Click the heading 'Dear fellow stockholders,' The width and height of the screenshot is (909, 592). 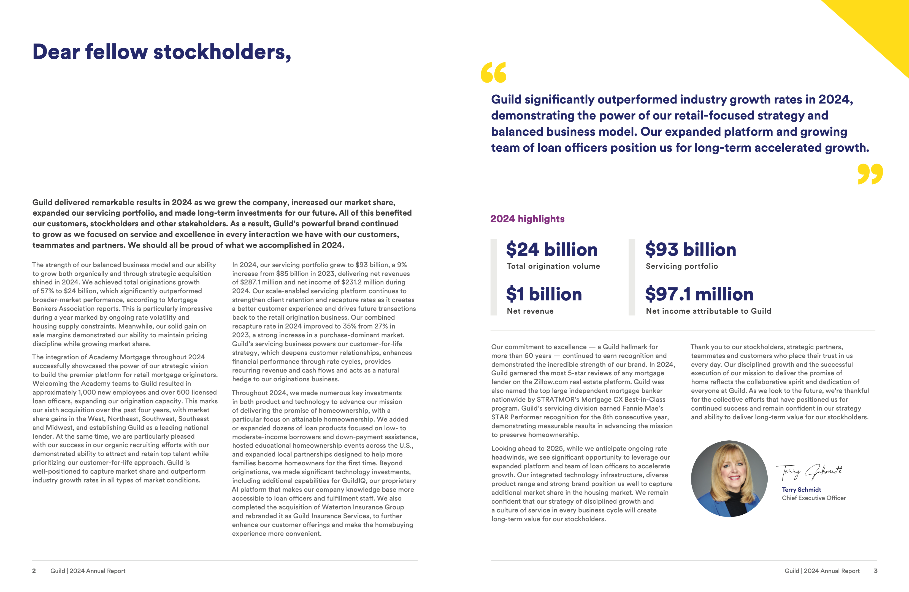pyautogui.click(x=162, y=52)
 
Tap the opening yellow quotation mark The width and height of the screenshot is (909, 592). pyautogui.click(x=493, y=72)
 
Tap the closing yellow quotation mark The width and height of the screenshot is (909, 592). pyautogui.click(x=870, y=174)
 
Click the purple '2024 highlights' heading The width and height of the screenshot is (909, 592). pyautogui.click(x=527, y=219)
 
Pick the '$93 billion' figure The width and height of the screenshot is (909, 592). pyautogui.click(x=691, y=250)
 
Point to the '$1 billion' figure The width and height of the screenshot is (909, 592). pyautogui.click(x=544, y=294)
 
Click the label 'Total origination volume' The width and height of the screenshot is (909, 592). pyautogui.click(x=553, y=266)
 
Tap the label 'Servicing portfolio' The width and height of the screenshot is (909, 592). pyautogui.click(x=682, y=266)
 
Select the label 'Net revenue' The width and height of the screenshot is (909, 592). pyautogui.click(x=530, y=311)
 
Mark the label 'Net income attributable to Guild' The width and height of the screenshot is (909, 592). pyautogui.click(x=708, y=311)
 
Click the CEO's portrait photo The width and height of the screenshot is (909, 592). pyautogui.click(x=729, y=479)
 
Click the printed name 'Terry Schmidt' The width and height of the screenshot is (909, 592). pyautogui.click(x=801, y=490)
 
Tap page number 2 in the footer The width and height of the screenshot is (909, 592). pyautogui.click(x=34, y=571)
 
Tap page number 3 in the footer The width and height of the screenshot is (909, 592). pyautogui.click(x=875, y=571)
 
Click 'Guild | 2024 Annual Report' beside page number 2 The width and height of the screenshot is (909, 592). pyautogui.click(x=88, y=571)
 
